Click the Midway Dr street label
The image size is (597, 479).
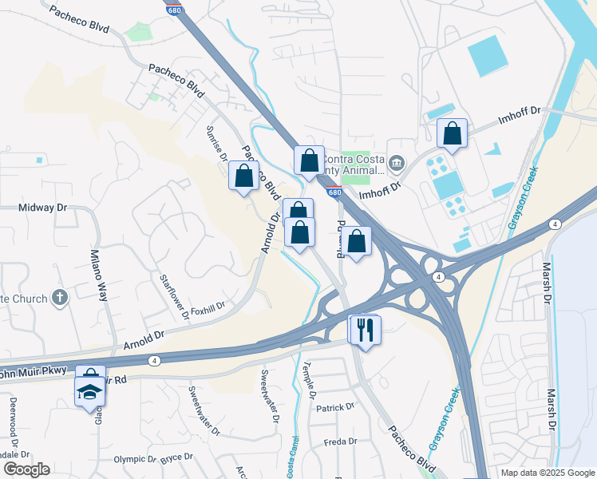[x=43, y=208]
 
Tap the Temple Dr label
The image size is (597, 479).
[x=309, y=380]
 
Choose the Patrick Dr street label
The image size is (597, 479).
[x=334, y=407]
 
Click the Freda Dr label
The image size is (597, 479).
[x=340, y=441]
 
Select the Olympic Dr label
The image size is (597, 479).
[x=135, y=459]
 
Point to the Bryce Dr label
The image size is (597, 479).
[x=176, y=457]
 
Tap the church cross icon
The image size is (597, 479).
[x=59, y=299]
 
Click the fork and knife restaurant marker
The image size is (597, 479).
[x=366, y=329]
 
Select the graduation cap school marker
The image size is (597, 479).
[x=90, y=392]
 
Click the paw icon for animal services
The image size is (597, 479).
[x=397, y=164]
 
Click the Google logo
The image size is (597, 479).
[x=26, y=469]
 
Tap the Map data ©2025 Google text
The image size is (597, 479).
[x=547, y=473]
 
